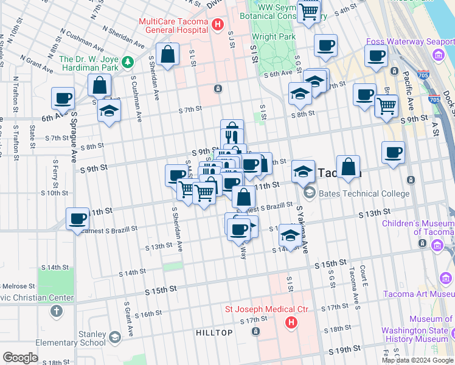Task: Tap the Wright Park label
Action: click(x=274, y=36)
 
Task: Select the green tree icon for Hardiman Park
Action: click(x=127, y=62)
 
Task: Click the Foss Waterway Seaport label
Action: click(x=410, y=42)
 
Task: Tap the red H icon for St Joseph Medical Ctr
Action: click(x=291, y=322)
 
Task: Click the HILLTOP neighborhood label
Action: click(x=214, y=333)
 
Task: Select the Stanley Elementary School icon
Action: click(x=114, y=337)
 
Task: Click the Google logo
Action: click(x=20, y=358)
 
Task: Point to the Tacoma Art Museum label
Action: click(x=419, y=294)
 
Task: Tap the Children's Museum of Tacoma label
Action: click(x=417, y=228)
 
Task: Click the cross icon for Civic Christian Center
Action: click(x=57, y=311)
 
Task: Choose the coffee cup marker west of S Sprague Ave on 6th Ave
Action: click(x=63, y=98)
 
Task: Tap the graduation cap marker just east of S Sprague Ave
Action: click(x=109, y=111)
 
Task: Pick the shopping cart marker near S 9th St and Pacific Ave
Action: click(x=387, y=106)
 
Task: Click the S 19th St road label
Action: click(x=346, y=350)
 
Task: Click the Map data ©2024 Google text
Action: click(x=417, y=360)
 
